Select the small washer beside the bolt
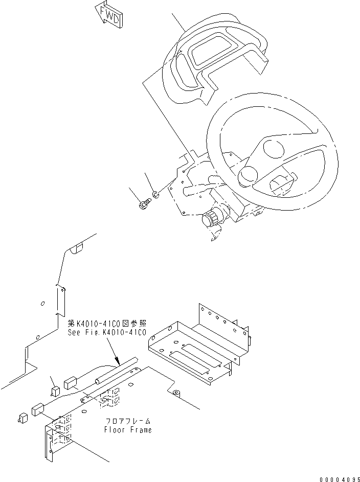(156, 195)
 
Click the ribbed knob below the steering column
(211, 220)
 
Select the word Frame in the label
(141, 430)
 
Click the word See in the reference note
(74, 332)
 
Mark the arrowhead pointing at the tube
(118, 362)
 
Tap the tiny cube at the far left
(22, 418)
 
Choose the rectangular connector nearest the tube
(71, 383)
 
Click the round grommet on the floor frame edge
(177, 393)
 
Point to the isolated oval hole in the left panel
(43, 303)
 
